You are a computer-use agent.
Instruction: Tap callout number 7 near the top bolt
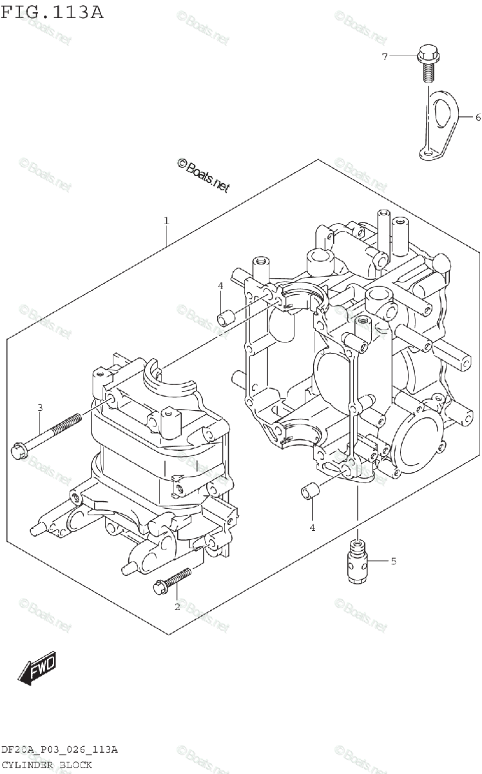[385, 57]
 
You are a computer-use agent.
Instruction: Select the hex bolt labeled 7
[427, 61]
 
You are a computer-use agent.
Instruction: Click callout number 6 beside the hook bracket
[477, 117]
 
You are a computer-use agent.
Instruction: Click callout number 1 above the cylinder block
[166, 221]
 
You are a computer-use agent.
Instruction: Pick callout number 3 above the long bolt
[39, 408]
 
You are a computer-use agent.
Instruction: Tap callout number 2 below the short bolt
[177, 606]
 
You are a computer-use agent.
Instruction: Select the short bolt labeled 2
[173, 580]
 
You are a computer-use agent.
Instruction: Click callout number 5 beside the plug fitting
[393, 561]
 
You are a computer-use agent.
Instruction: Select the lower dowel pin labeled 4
[309, 491]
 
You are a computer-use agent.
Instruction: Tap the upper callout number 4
[220, 286]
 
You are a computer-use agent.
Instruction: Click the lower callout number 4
[312, 528]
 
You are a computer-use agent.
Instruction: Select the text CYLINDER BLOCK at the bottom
[46, 765]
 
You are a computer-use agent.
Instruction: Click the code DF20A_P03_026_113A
[59, 749]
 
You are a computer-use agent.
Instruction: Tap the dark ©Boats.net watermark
[203, 176]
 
